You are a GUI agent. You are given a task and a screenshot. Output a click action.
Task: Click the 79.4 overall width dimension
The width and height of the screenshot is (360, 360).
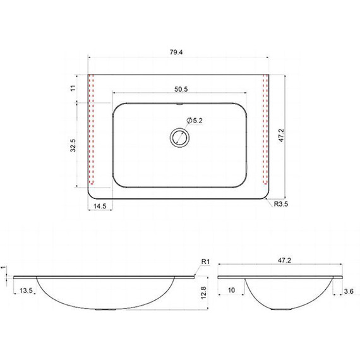(x=176, y=52)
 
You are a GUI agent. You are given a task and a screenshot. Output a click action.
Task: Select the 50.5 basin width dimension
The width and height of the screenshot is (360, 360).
(x=181, y=89)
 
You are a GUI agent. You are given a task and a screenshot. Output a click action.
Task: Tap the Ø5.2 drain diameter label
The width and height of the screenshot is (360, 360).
(x=195, y=120)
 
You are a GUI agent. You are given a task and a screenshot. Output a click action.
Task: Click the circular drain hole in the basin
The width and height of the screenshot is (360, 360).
(x=179, y=138)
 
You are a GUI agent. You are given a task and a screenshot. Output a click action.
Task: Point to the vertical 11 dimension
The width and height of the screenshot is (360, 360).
(x=73, y=88)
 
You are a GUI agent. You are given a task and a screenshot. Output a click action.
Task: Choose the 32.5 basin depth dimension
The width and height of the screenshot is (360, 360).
(x=73, y=145)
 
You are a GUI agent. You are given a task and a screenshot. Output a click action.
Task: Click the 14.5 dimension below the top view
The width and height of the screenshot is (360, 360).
(x=100, y=206)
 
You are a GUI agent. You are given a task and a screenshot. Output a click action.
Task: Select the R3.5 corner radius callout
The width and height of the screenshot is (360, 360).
(x=281, y=204)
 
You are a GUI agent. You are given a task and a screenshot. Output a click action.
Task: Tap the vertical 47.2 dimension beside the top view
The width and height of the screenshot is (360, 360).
(x=282, y=135)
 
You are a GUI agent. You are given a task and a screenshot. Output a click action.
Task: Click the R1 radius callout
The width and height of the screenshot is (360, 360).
(x=205, y=261)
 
